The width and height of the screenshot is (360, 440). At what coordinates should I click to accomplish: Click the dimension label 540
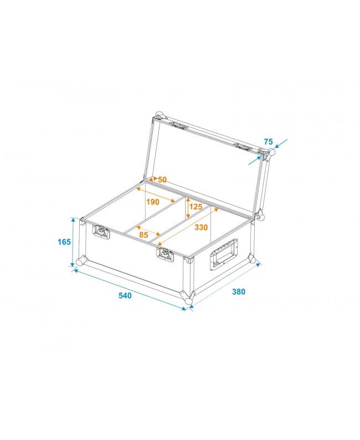tap(125, 295)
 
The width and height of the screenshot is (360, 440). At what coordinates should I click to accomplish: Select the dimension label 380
tap(238, 291)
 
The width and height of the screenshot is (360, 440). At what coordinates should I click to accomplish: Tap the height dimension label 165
tap(64, 242)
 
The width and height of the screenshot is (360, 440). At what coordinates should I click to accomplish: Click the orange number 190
tap(153, 202)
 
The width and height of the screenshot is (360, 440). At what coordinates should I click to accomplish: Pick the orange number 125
tap(196, 207)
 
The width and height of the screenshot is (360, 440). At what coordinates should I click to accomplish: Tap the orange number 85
tap(144, 234)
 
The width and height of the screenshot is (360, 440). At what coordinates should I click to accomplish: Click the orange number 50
tap(162, 180)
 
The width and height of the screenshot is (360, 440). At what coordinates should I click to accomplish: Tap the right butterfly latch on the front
tap(165, 254)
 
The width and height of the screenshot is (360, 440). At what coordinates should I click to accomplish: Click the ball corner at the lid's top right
tap(271, 152)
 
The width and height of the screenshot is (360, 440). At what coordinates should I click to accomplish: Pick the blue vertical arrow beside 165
tap(73, 242)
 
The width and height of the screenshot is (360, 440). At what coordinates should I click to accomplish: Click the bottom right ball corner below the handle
tap(252, 259)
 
